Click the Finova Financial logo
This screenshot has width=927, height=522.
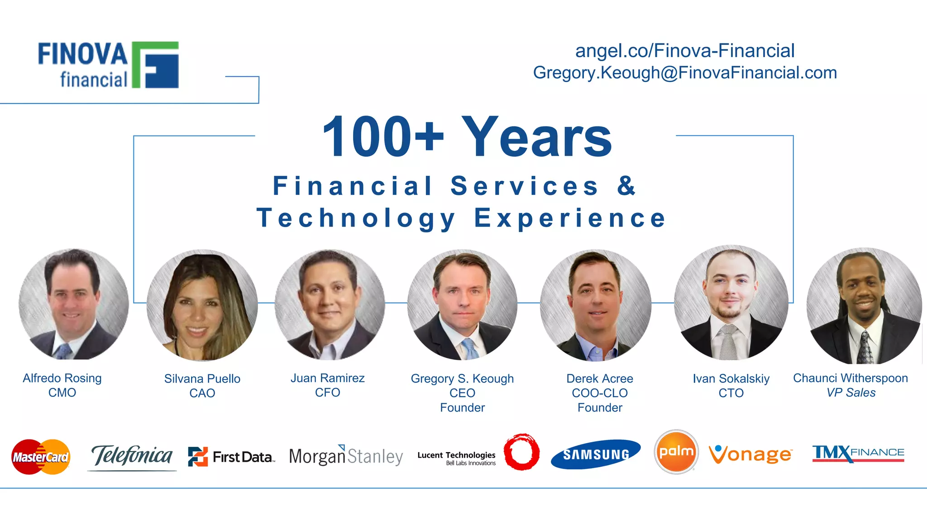coord(109,65)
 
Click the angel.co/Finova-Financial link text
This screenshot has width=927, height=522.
coord(684,51)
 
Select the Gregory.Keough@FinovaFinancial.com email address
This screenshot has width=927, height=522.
coord(684,72)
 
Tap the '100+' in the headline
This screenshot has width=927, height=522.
coord(382,137)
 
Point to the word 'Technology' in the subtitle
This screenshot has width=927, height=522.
coord(356,218)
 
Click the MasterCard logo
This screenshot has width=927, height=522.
coord(41,456)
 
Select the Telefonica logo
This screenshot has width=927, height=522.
coord(132,456)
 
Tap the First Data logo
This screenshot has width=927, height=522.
coord(231,456)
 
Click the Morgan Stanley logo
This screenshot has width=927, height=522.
coord(346,456)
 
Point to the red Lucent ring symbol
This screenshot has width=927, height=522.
coord(521,452)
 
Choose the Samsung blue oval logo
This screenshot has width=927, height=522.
coord(596,454)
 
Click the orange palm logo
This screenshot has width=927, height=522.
coord(676,452)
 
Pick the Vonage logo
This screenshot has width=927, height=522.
coord(750,454)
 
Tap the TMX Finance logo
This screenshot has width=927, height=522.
coord(858,453)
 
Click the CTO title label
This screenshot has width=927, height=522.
coord(731,393)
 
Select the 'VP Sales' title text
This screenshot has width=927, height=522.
coord(851,392)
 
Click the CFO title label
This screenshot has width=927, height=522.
coord(327,392)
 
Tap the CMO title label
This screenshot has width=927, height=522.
coord(62,392)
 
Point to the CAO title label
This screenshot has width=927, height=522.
coord(202,393)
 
